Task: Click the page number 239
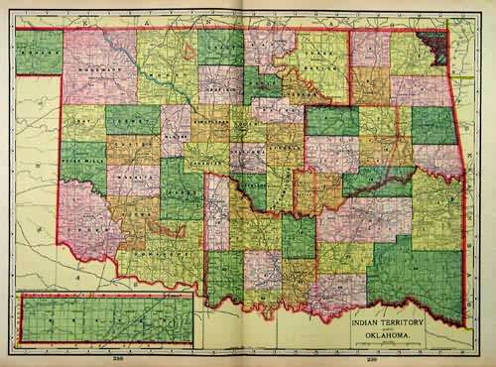pos(373,358)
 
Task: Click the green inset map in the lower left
pos(104,319)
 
